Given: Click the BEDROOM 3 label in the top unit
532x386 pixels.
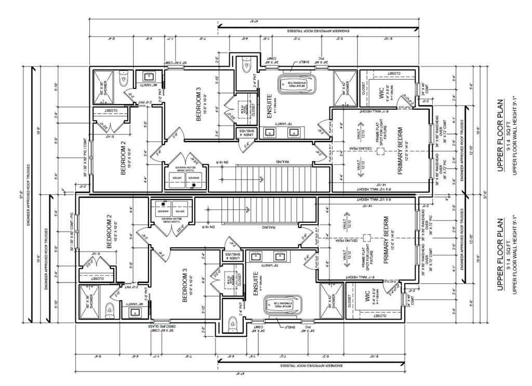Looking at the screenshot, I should coord(198,104).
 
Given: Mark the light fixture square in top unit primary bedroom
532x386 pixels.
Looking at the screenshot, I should coord(380,150).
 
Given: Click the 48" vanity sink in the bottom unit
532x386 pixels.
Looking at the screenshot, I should coord(137,312).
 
